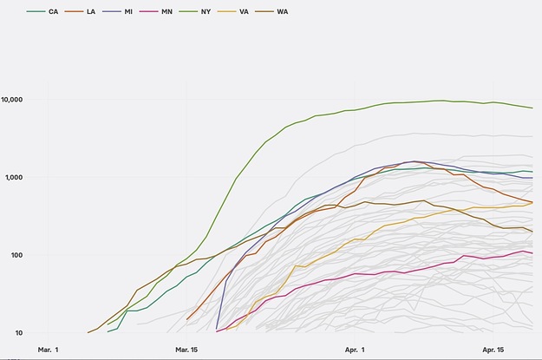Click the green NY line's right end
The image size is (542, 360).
tap(532, 108)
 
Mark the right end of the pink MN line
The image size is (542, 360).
tap(532, 253)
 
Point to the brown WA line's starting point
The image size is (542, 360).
tap(88, 332)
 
